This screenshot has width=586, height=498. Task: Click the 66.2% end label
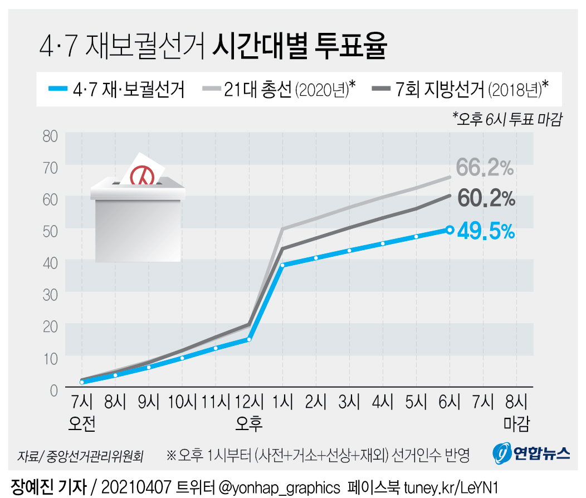pyautogui.click(x=485, y=167)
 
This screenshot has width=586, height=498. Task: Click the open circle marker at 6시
pyautogui.click(x=450, y=230)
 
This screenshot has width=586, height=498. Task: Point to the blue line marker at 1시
pyautogui.click(x=283, y=265)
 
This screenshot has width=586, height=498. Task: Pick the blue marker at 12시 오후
pyautogui.click(x=249, y=339)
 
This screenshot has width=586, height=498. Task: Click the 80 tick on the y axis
pyautogui.click(x=51, y=135)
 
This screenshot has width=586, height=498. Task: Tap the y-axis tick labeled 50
pyautogui.click(x=51, y=230)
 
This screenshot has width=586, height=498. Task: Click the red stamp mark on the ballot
pyautogui.click(x=142, y=175)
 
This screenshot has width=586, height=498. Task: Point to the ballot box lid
pyautogui.click(x=138, y=190)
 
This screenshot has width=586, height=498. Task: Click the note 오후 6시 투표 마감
pyautogui.click(x=506, y=118)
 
